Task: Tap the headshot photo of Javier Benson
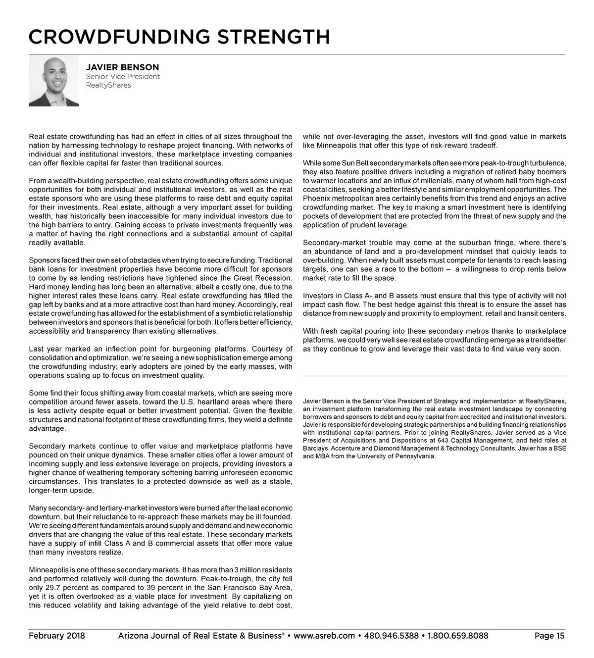[x=54, y=81]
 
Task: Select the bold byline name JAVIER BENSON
[x=122, y=67]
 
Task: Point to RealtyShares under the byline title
[x=108, y=85]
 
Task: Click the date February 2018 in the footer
[x=56, y=636]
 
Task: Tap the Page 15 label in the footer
[x=549, y=636]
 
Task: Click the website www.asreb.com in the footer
[x=324, y=636]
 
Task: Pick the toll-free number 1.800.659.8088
[x=458, y=636]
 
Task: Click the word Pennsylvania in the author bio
[x=417, y=456]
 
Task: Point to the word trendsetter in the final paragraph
[x=546, y=340]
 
